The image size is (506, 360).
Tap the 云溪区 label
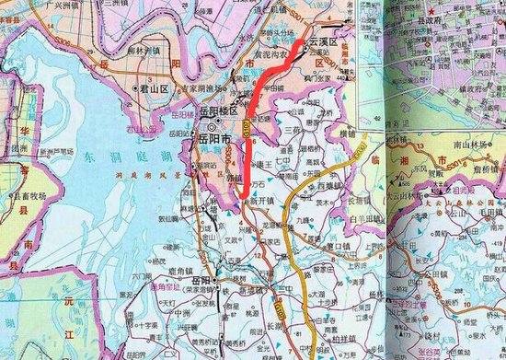click(x=321, y=42)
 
